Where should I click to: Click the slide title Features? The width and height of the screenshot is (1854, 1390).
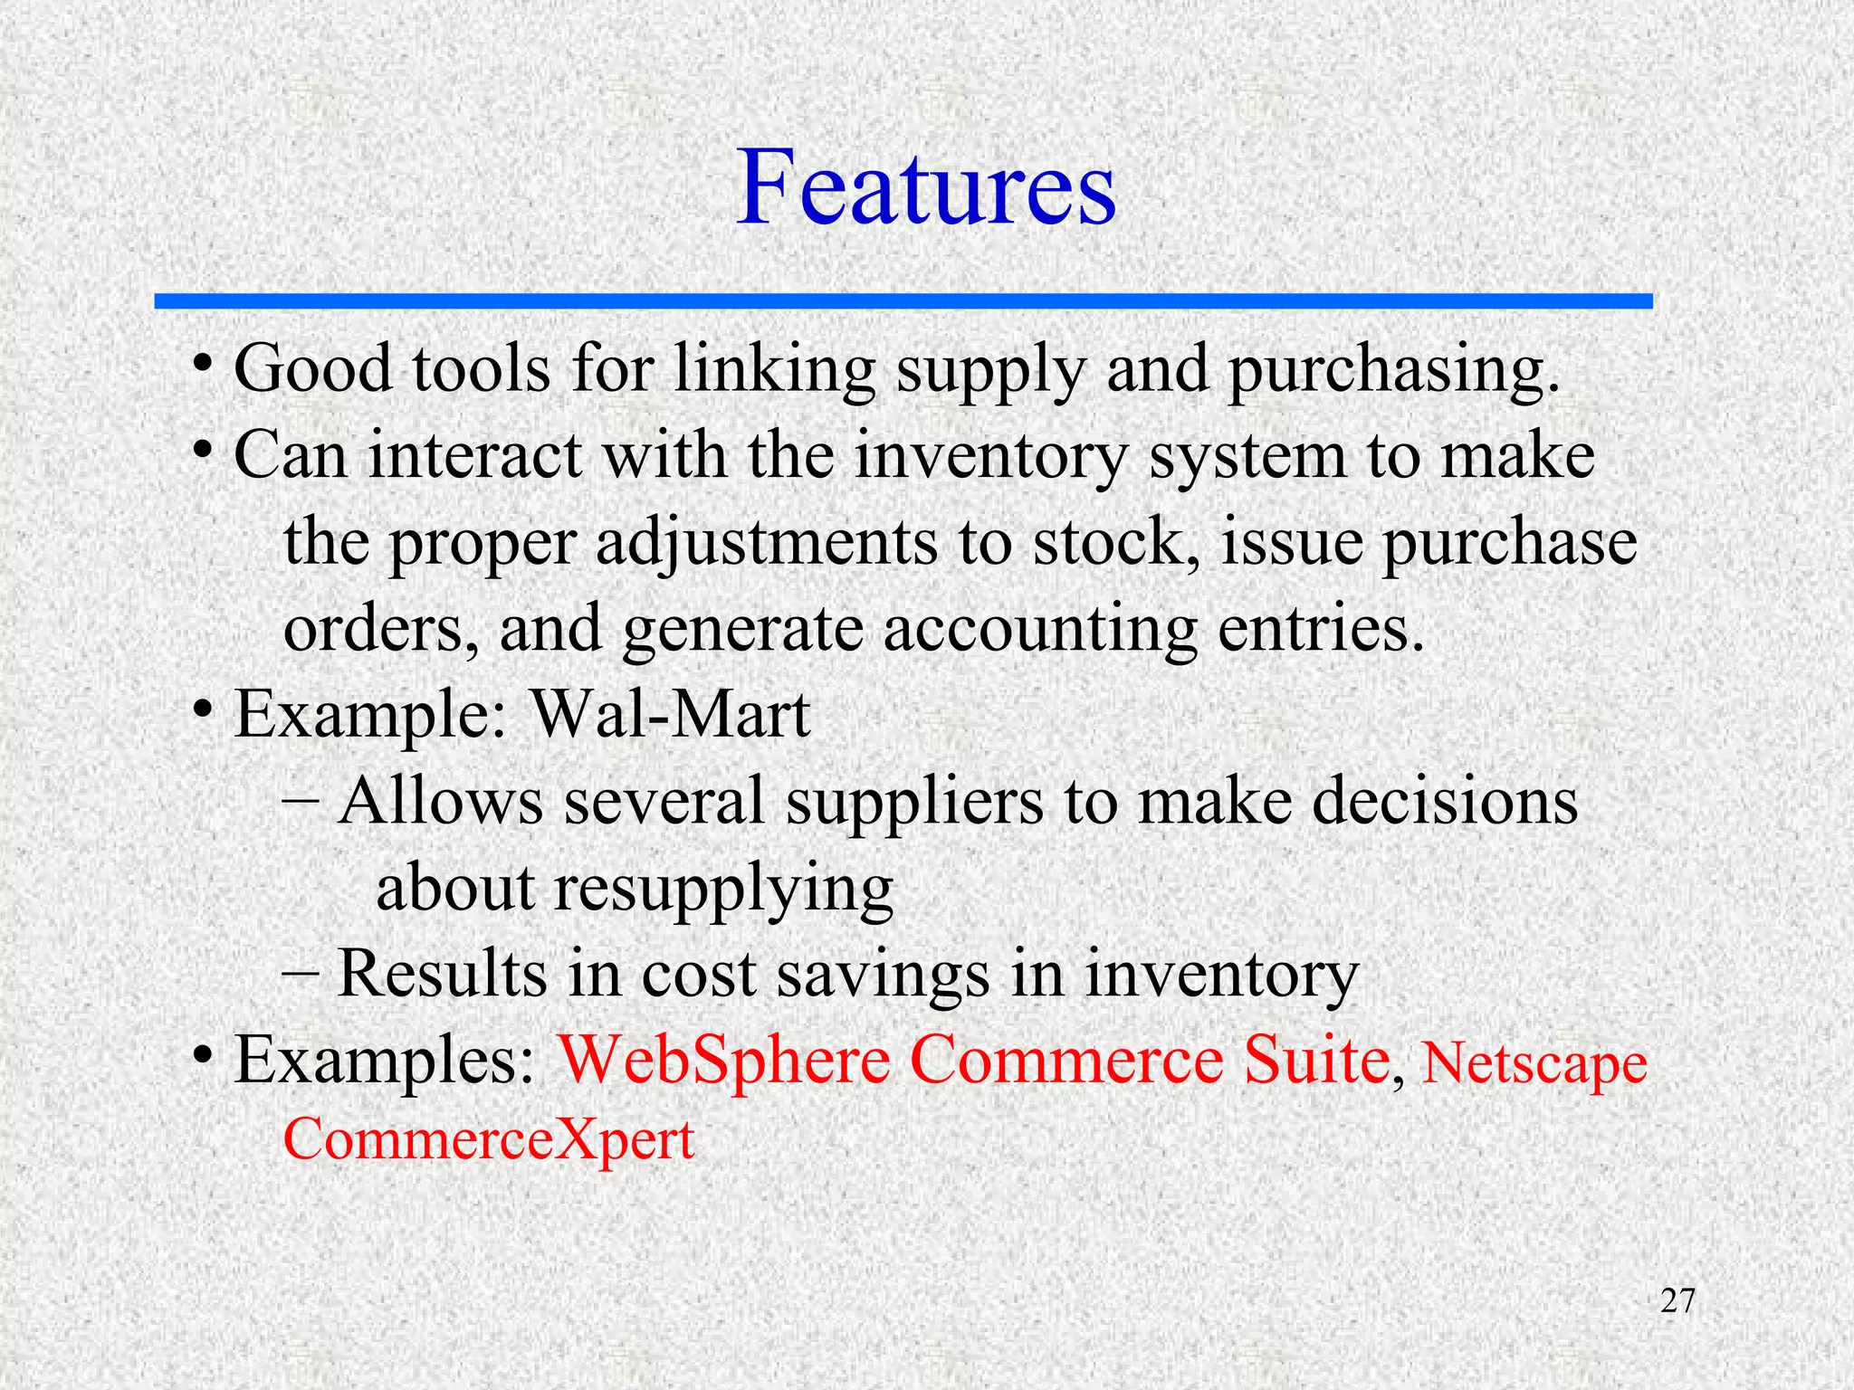(925, 188)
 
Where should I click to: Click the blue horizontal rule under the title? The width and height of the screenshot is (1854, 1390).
(903, 301)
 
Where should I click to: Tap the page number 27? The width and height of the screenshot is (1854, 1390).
(1677, 1300)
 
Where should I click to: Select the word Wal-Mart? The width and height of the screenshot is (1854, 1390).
(670, 715)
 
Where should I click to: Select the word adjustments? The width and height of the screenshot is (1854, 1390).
(767, 543)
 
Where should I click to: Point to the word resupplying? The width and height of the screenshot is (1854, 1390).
(723, 890)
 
